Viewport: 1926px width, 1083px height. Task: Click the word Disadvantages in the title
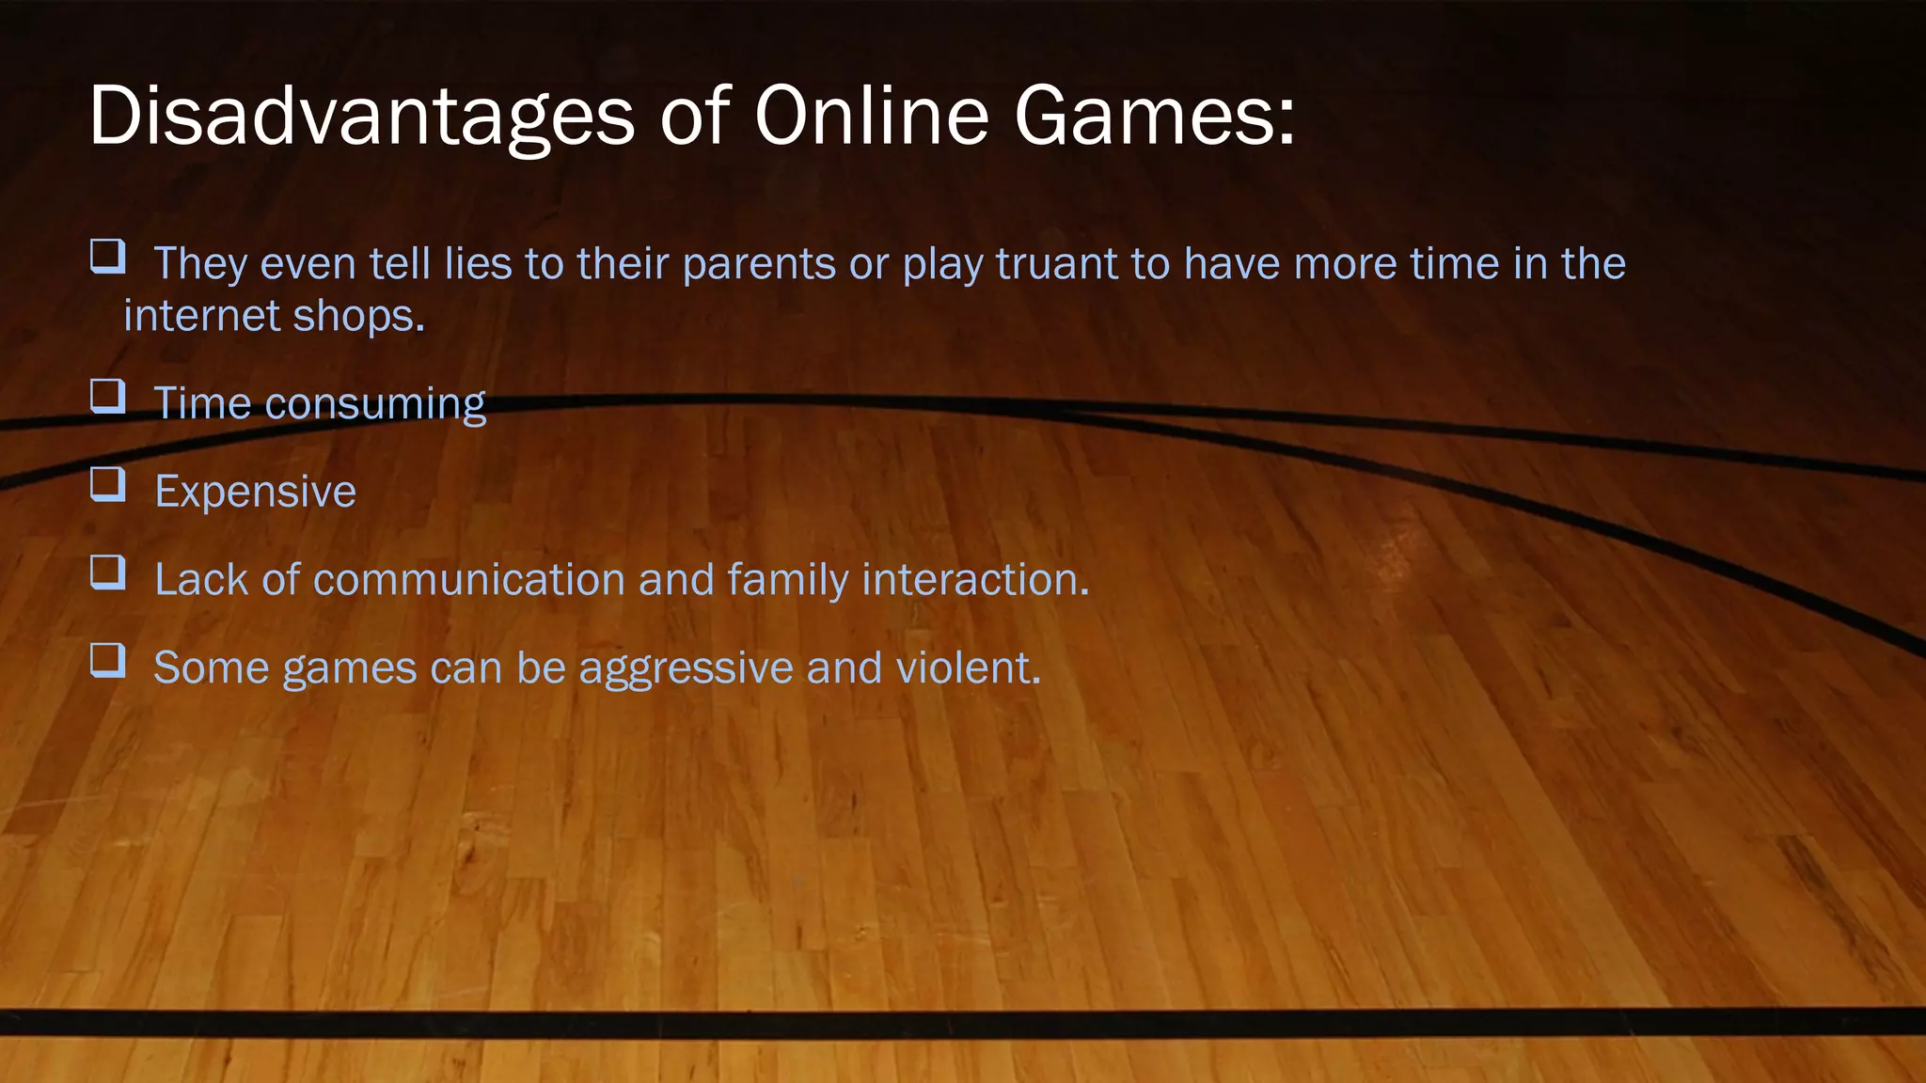361,117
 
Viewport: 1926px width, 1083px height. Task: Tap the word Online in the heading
871,117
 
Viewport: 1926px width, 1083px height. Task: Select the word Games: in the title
1155,117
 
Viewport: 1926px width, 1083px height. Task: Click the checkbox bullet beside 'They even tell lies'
108,257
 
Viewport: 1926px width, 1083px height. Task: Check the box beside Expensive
108,484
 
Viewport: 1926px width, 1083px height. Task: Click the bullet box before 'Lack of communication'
108,572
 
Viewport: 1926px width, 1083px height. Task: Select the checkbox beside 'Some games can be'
108,660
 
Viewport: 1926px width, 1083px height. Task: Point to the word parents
759,264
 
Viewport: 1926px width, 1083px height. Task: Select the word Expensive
256,492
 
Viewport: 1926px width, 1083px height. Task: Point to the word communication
468,580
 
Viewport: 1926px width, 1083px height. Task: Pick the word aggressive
686,668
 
